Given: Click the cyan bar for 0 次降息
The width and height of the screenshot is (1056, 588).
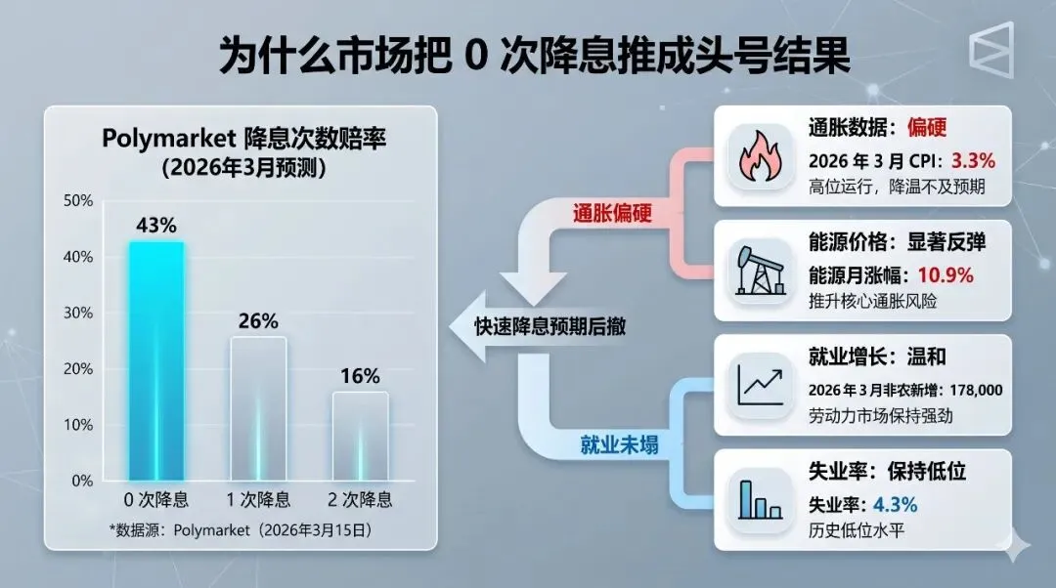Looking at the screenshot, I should click(156, 361).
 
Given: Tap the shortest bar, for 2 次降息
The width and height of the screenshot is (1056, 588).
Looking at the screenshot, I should click(360, 436).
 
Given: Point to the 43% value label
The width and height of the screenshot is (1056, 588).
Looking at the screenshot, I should click(156, 226).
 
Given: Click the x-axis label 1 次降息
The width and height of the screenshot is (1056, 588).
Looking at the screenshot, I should click(258, 501).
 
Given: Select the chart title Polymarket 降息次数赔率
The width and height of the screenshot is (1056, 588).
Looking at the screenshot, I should click(244, 140).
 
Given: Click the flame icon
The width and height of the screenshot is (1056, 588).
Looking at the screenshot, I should click(757, 156).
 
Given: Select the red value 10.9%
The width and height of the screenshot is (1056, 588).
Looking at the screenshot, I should click(945, 275).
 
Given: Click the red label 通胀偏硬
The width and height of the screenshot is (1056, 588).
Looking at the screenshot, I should click(611, 212).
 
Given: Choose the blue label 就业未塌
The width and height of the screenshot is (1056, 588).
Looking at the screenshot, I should click(618, 445).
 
